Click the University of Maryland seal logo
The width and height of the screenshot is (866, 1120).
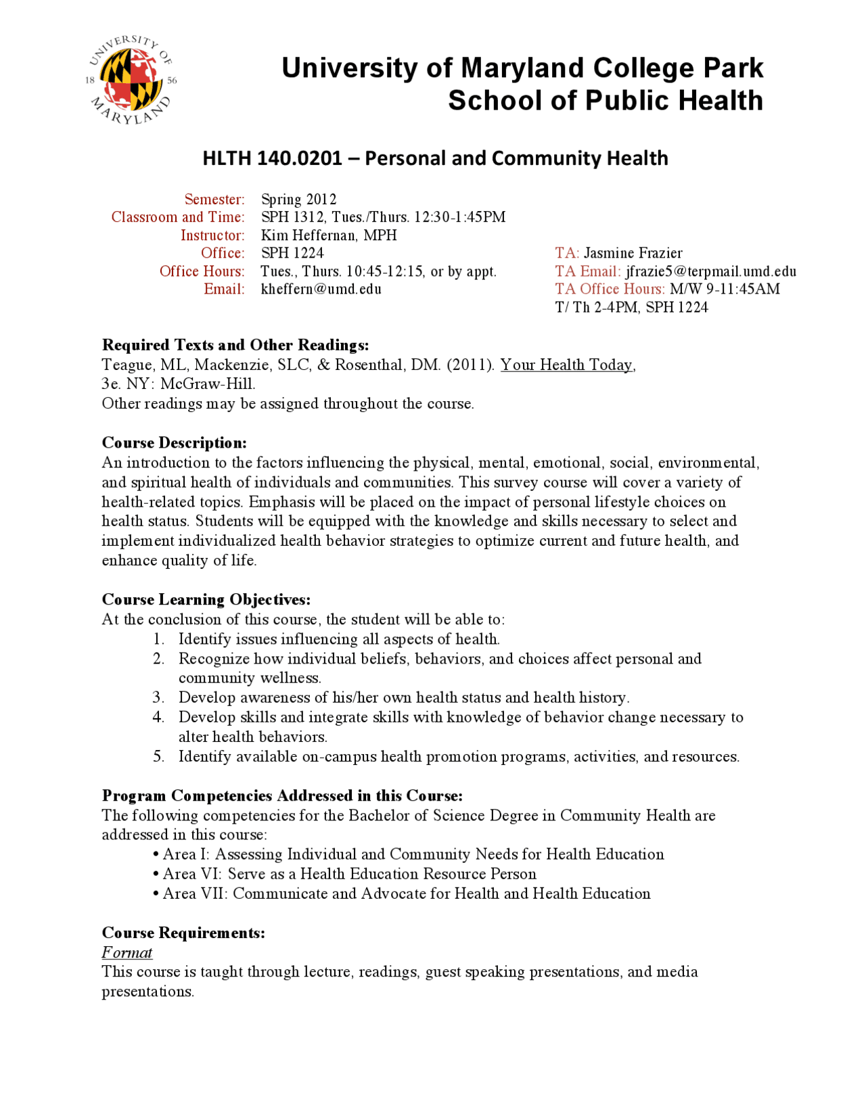click(131, 80)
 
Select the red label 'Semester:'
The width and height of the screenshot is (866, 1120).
click(214, 200)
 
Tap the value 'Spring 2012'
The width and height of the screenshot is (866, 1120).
click(298, 200)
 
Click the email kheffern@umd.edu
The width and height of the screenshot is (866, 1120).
click(321, 289)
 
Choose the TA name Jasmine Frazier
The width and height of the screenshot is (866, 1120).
click(633, 253)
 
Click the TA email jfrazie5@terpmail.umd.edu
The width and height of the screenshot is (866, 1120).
click(710, 271)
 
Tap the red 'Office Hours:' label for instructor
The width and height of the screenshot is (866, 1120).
click(202, 271)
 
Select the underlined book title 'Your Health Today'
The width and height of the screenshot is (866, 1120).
click(566, 365)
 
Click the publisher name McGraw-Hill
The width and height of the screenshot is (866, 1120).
click(207, 384)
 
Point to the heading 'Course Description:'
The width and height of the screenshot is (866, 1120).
click(174, 443)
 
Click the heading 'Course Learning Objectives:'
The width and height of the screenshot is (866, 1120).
click(206, 600)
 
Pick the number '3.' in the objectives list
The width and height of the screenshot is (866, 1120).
click(158, 697)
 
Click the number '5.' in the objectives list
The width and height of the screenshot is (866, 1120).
click(158, 756)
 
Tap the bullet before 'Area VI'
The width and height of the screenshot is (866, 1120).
click(156, 874)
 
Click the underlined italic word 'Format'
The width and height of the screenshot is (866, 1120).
click(127, 953)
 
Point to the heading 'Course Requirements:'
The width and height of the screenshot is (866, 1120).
click(183, 933)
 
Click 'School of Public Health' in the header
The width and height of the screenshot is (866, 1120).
click(605, 101)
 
